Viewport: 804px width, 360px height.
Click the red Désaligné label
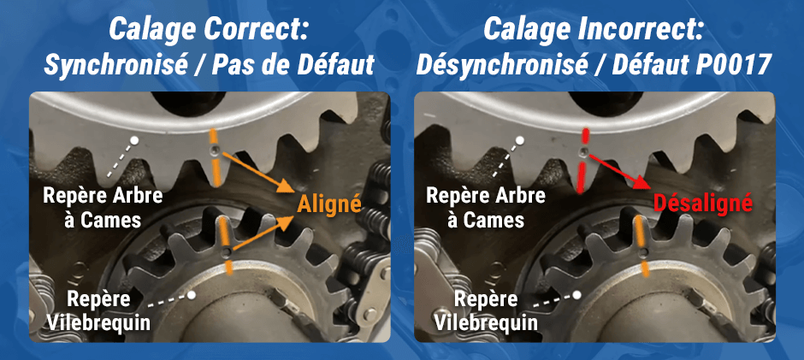pyautogui.click(x=702, y=204)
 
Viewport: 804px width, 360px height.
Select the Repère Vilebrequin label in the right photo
pyautogui.click(x=485, y=310)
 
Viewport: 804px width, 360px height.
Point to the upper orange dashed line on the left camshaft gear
pyautogui.click(x=214, y=158)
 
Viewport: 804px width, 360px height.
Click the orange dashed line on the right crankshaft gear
pyautogui.click(x=639, y=244)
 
